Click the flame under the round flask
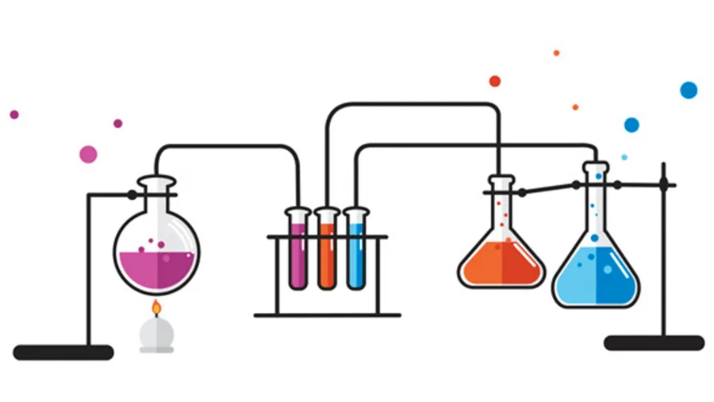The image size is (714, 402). (157, 309)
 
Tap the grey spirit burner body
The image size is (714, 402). (157, 333)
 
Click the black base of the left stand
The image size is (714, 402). (63, 352)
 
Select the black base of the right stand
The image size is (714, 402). (654, 343)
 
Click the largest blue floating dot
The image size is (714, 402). (688, 90)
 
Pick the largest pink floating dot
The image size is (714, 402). (88, 154)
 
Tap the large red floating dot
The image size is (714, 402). (495, 81)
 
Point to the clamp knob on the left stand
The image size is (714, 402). (132, 195)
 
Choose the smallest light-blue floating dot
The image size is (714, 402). (624, 157)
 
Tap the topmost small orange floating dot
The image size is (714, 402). (556, 53)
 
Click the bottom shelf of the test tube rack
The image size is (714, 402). (327, 316)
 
